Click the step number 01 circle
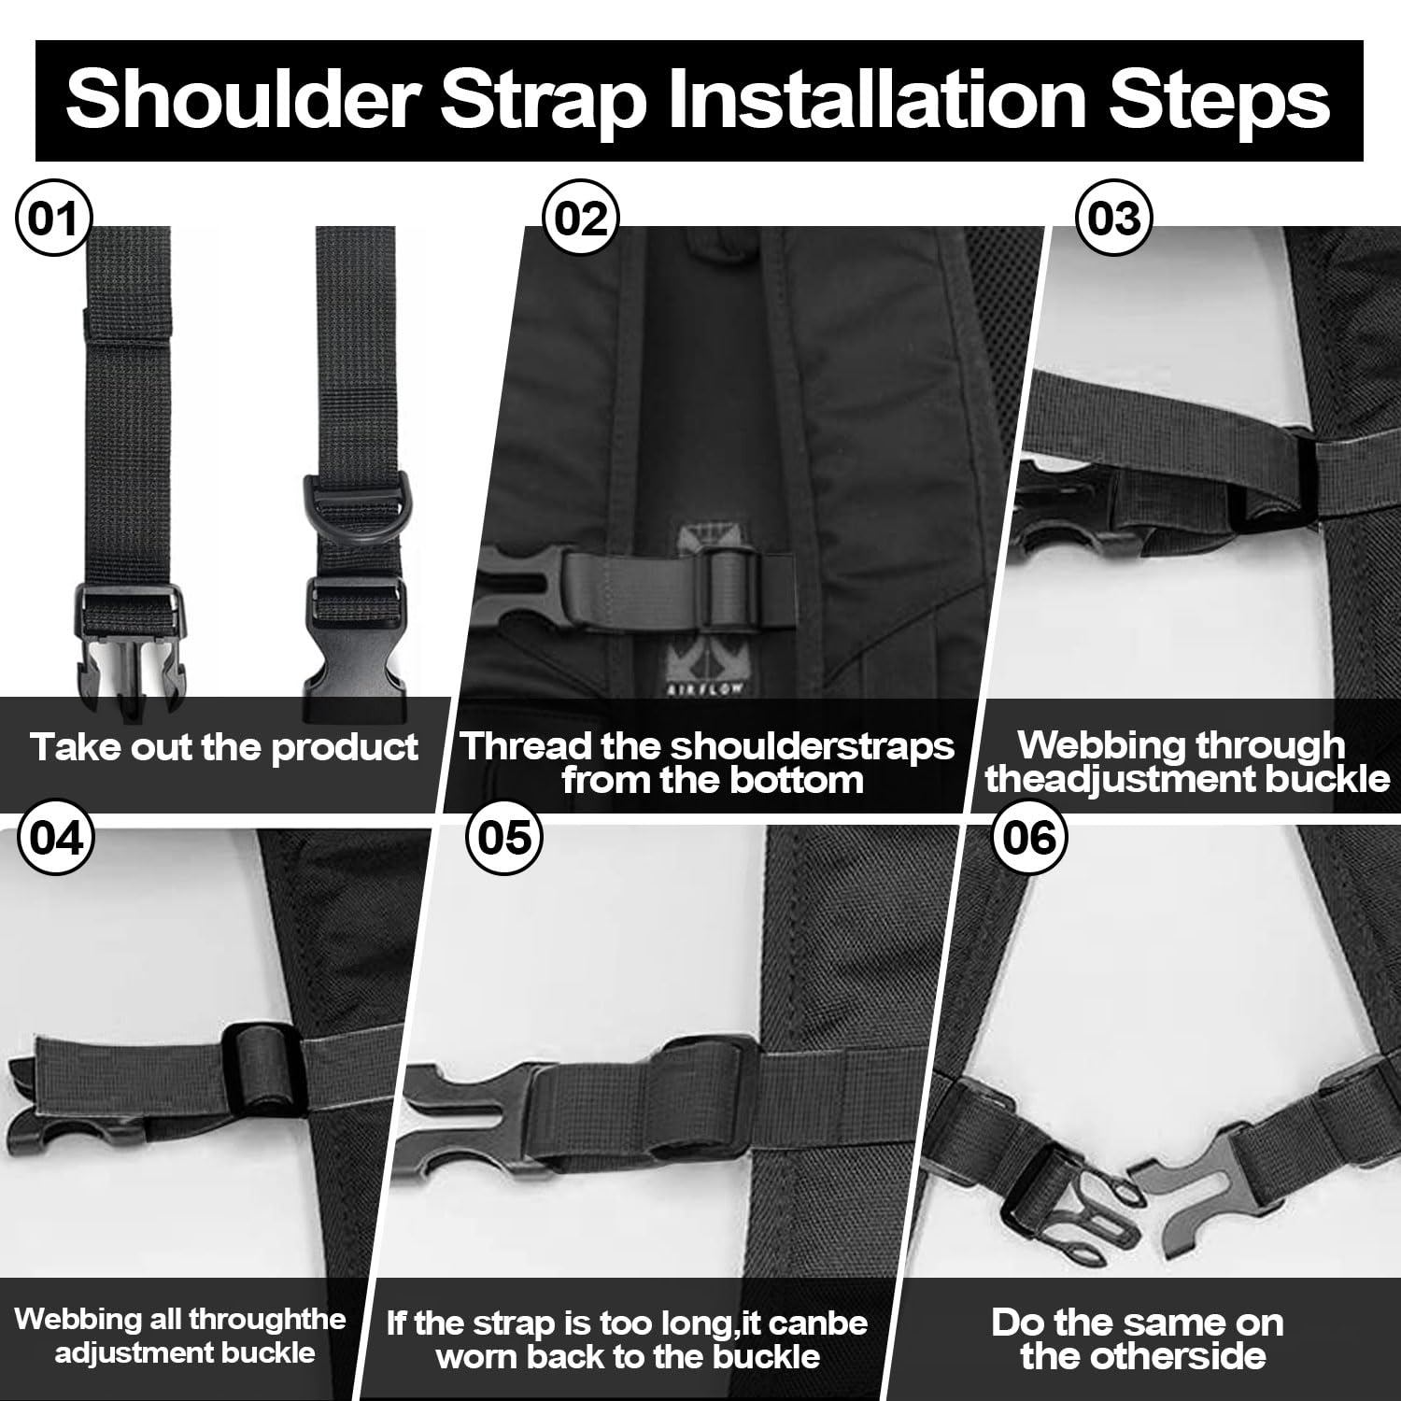[x=53, y=218]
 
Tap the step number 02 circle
[x=581, y=218]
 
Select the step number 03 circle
[x=1114, y=218]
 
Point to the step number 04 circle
[x=56, y=838]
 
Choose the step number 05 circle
[x=504, y=838]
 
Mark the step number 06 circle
[x=1029, y=838]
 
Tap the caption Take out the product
[x=224, y=747]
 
